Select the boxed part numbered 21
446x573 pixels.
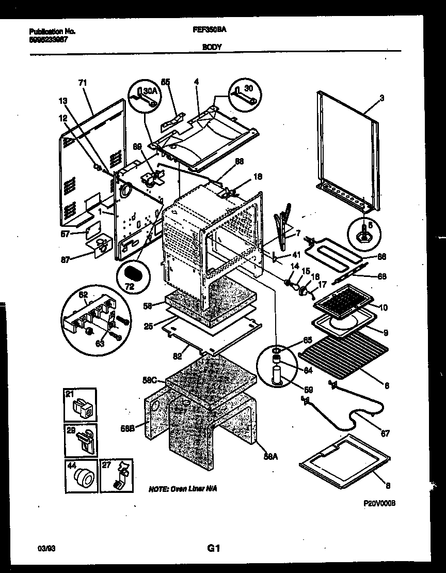pyautogui.click(x=81, y=405)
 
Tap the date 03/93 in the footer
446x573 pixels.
pyautogui.click(x=46, y=548)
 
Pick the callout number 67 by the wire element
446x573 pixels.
pyautogui.click(x=385, y=433)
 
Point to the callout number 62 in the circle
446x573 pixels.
pyautogui.click(x=83, y=295)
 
